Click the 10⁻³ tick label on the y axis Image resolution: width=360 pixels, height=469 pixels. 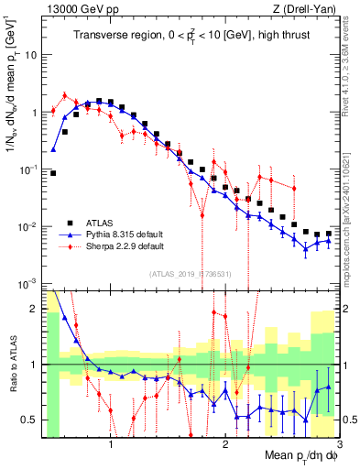[28, 283]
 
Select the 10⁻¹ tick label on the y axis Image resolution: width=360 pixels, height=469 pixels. [28, 169]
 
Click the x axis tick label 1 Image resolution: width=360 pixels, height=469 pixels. [111, 446]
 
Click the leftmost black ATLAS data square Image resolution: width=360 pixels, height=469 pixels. [53, 172]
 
